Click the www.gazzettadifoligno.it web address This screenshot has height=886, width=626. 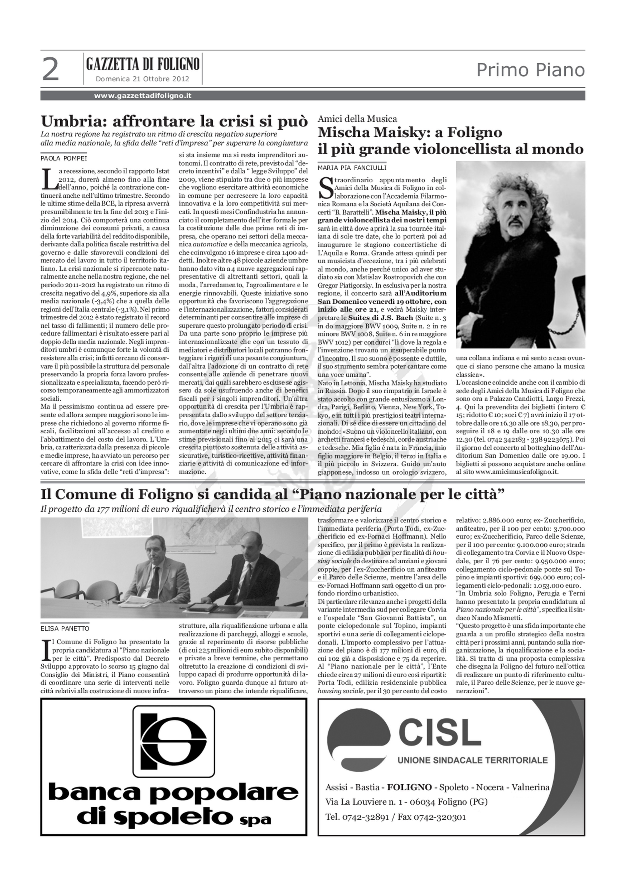(x=143, y=96)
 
